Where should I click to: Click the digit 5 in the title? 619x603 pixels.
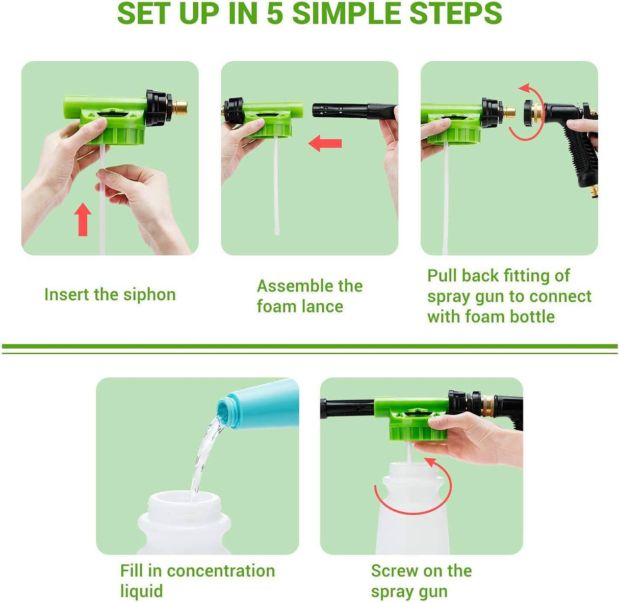click(x=275, y=14)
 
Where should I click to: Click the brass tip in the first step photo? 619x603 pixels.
click(x=179, y=108)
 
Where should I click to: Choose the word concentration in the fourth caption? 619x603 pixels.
click(x=221, y=571)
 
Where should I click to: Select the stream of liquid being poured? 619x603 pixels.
click(x=204, y=454)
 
